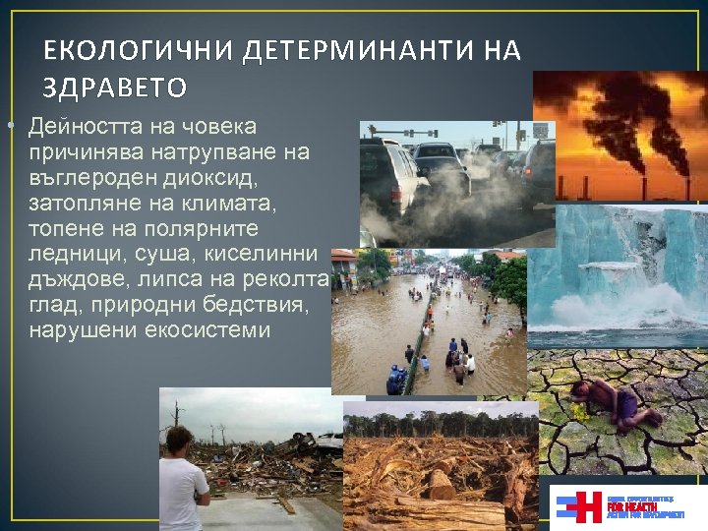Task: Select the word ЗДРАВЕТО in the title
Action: (115, 88)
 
